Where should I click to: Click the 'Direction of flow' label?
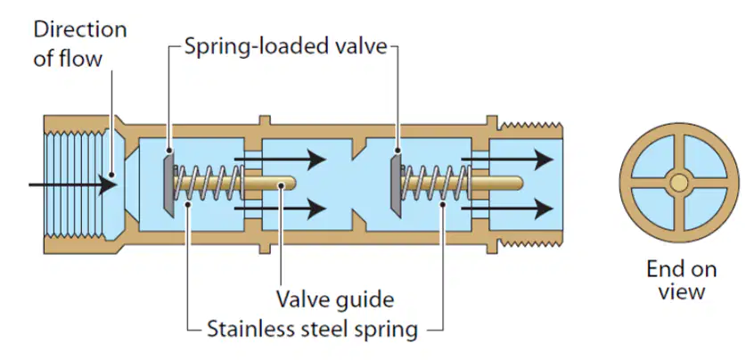(80, 44)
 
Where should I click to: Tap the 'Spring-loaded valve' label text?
(285, 46)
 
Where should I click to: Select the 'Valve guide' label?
(335, 299)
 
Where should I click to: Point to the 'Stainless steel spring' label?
(312, 329)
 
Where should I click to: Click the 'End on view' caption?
(682, 280)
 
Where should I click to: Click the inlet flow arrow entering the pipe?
(72, 184)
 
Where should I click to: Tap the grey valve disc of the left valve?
(168, 182)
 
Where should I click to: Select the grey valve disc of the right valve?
(396, 183)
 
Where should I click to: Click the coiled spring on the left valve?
(209, 183)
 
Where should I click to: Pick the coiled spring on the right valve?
(436, 183)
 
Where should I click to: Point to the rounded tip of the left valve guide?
(291, 184)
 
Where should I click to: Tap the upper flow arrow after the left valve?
(280, 160)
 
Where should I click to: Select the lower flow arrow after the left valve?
(280, 209)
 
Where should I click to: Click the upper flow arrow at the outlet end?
(507, 160)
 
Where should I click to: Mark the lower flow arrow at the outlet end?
(507, 209)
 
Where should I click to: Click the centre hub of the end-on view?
(679, 183)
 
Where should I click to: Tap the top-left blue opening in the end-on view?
(653, 157)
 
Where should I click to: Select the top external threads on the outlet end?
(531, 127)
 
